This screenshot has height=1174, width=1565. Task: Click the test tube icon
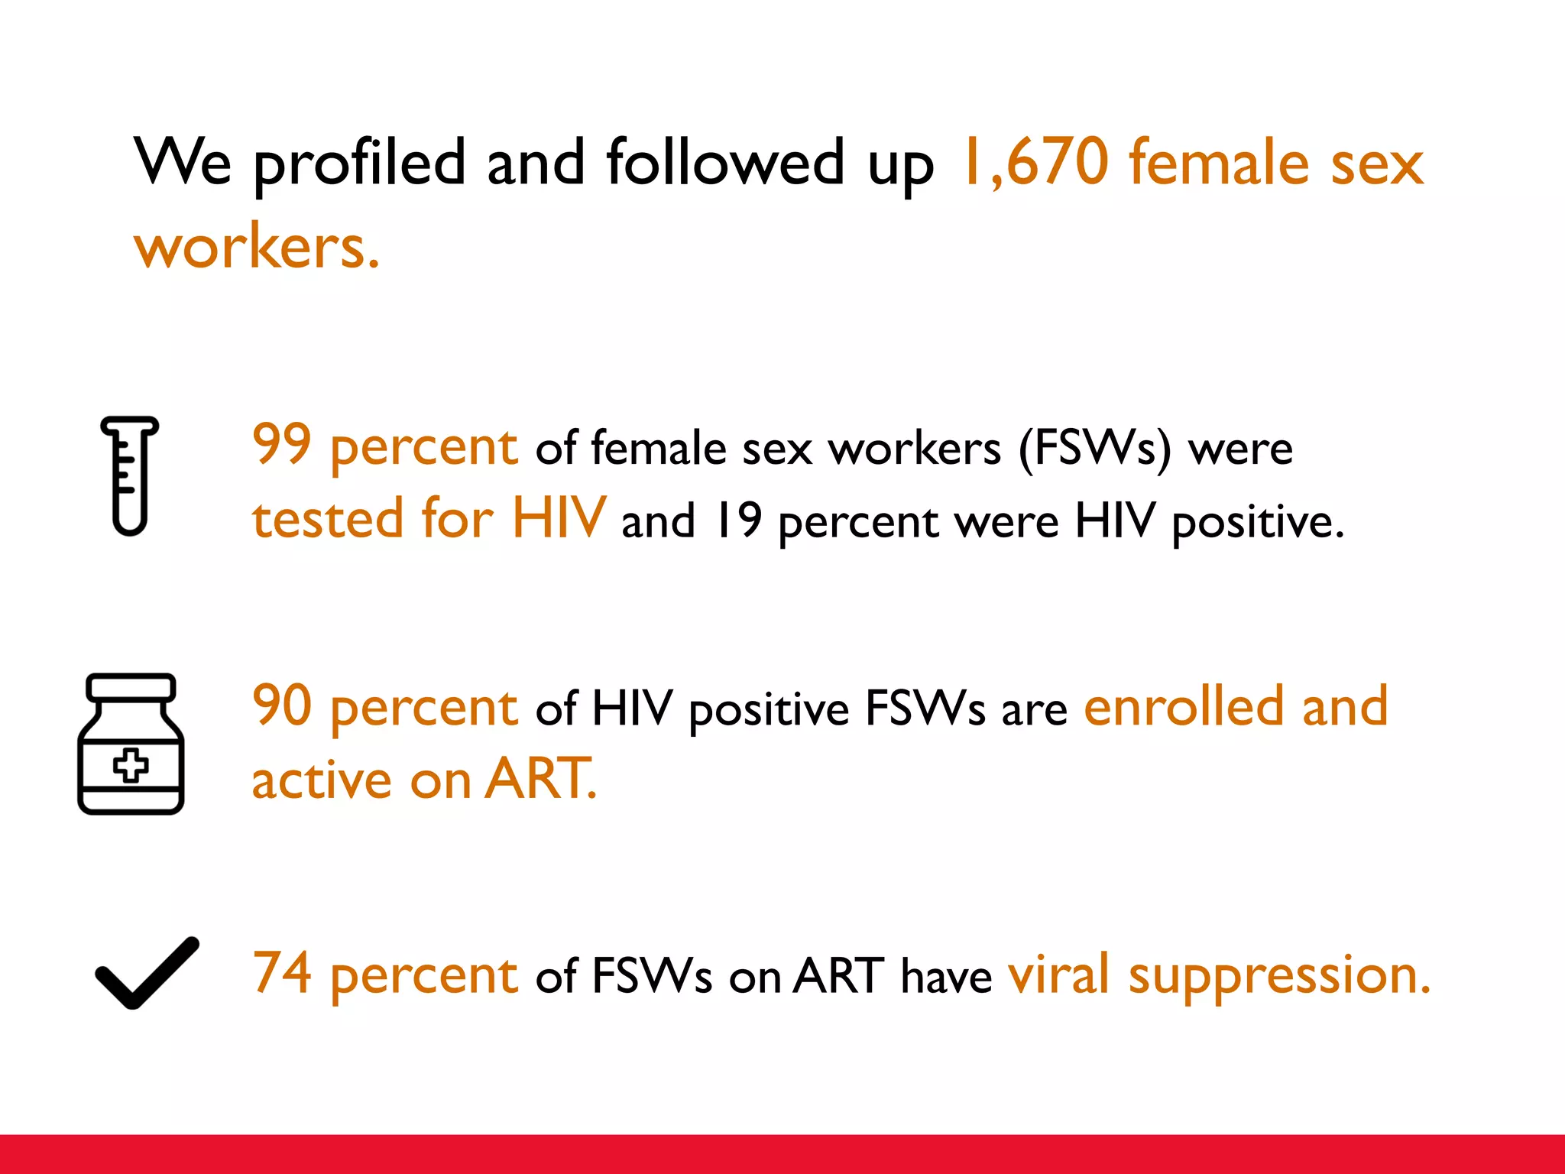129,475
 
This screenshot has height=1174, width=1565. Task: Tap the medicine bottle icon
131,744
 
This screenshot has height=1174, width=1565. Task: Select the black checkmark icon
147,973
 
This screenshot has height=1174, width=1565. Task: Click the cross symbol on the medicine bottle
131,765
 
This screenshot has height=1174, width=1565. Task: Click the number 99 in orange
282,444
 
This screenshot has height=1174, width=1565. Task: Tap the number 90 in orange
282,705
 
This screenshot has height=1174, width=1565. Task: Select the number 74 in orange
282,973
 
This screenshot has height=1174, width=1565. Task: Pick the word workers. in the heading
257,248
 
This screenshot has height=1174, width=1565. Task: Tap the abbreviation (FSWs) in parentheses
1094,449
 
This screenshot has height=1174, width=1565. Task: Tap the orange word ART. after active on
541,779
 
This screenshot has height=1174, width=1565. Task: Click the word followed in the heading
725,162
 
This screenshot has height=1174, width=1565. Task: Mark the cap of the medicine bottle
131,686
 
